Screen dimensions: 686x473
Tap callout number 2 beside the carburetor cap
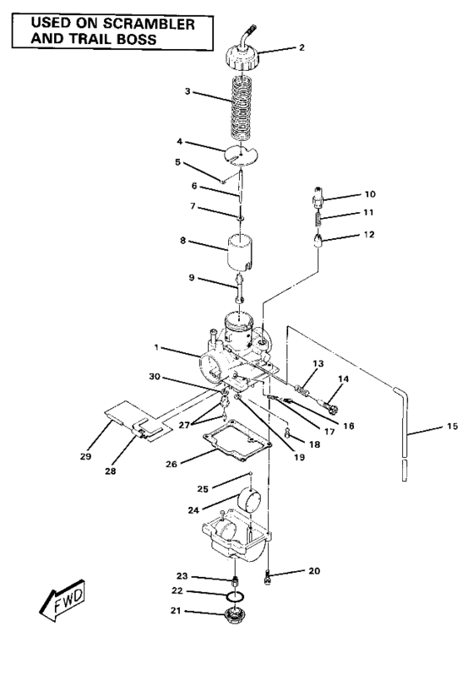coord(301,48)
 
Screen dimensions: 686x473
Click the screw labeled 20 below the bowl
coord(268,578)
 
